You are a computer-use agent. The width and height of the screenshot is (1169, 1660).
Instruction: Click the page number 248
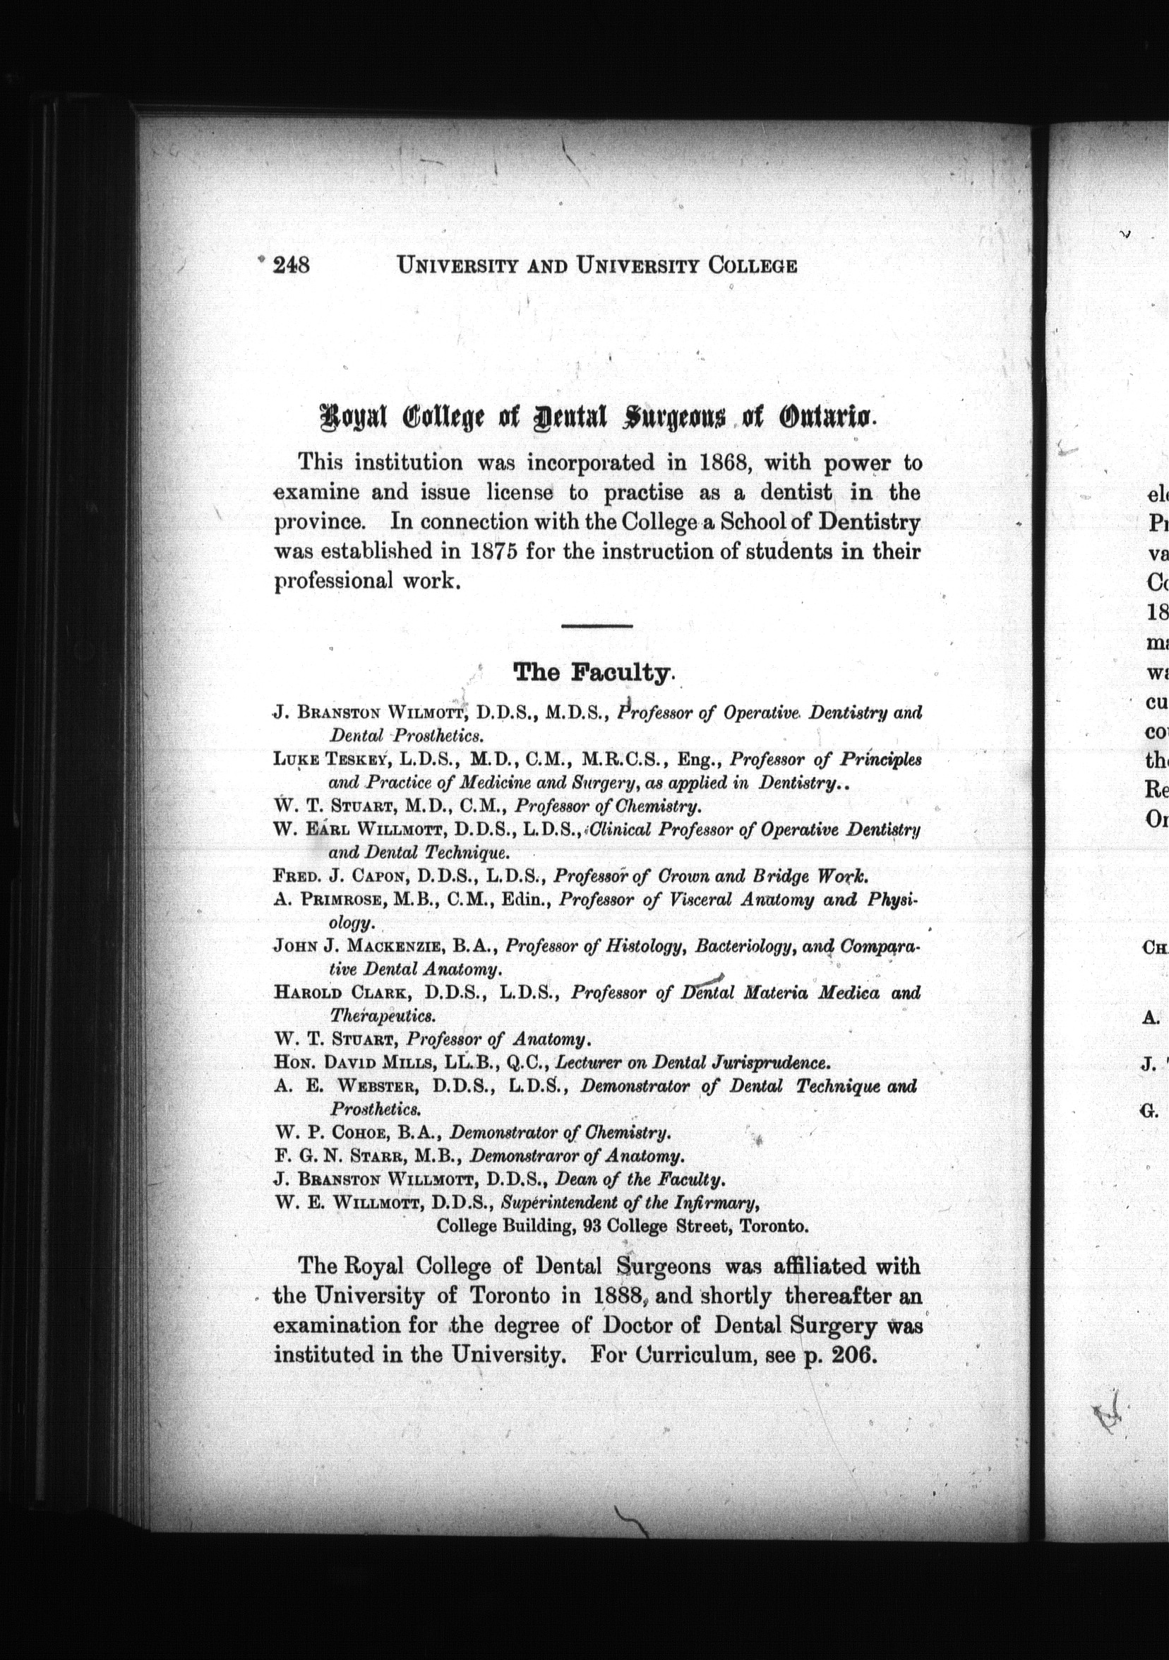tap(291, 265)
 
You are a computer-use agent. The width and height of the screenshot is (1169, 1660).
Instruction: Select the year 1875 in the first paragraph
tap(493, 552)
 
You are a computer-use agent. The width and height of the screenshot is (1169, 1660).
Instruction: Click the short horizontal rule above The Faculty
tap(597, 625)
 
